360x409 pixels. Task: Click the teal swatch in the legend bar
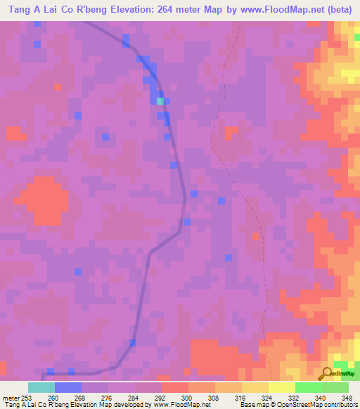pyautogui.click(x=41, y=387)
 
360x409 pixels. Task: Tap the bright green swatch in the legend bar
pyautogui.click(x=308, y=387)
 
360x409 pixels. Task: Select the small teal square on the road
pyautogui.click(x=160, y=101)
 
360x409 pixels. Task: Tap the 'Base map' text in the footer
pyautogui.click(x=255, y=405)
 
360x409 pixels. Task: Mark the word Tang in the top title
pyautogui.click(x=19, y=10)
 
